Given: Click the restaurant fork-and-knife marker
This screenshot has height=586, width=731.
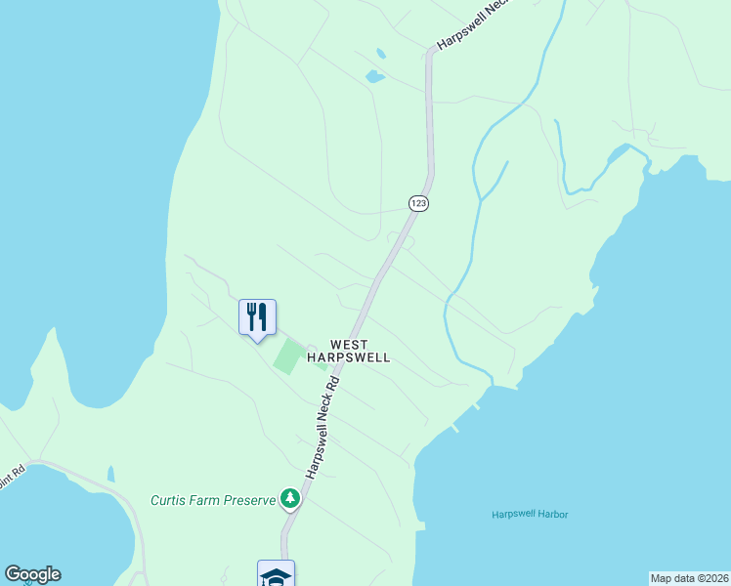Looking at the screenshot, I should [257, 317].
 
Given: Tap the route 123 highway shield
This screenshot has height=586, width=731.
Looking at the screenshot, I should [419, 203].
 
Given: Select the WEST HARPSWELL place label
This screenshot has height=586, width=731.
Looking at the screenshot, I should [349, 351].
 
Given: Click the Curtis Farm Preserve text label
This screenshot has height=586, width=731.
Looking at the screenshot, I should [213, 500].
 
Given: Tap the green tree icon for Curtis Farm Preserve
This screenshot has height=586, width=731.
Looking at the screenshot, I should [290, 499].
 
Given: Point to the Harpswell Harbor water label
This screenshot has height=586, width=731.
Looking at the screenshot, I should [530, 515].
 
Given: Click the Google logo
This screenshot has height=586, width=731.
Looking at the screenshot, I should [32, 574].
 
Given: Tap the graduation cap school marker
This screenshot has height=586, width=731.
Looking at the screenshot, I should [276, 575].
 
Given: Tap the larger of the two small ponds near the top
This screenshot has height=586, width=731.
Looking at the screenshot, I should [374, 75].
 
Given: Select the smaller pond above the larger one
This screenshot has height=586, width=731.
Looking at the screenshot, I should [379, 53].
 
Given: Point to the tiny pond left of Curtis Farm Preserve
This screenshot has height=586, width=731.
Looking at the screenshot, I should [111, 475].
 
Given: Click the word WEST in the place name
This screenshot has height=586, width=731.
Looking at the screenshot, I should [349, 344].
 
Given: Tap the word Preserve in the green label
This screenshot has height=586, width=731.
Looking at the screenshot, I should [246, 500].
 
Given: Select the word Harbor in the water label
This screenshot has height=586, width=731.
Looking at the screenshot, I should [551, 515].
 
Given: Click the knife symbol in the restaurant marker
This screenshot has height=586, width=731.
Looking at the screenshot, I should [263, 315].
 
